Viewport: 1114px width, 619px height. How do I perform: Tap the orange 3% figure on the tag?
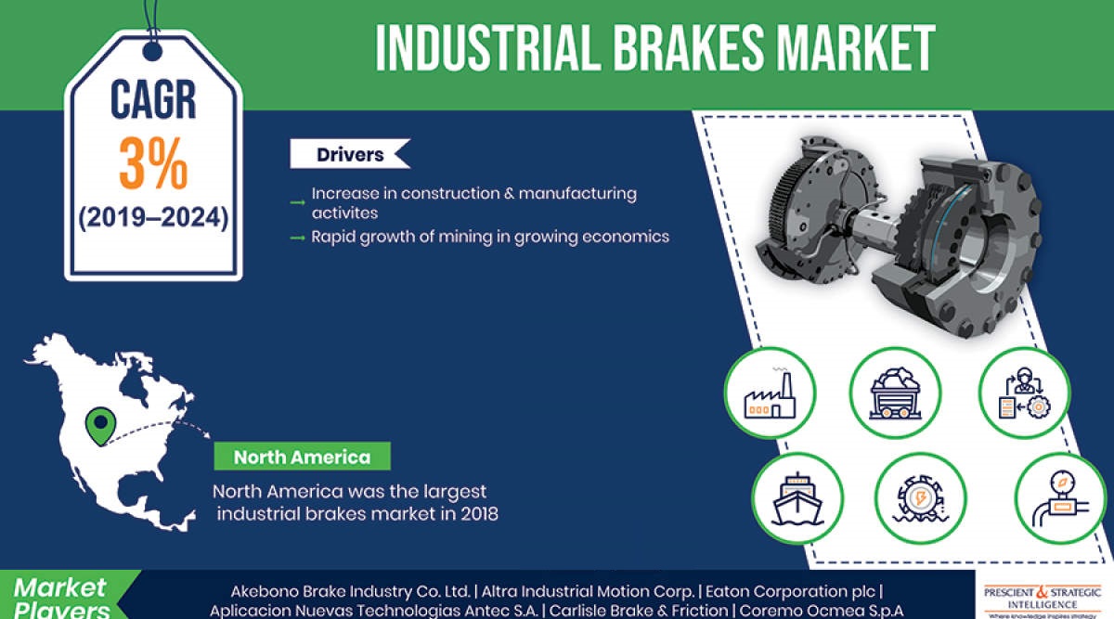(153, 164)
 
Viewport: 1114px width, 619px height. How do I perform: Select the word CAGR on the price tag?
(153, 99)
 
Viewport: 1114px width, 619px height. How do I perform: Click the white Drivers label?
(349, 154)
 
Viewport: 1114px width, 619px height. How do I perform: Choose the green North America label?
(302, 457)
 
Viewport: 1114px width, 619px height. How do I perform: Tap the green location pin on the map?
(97, 426)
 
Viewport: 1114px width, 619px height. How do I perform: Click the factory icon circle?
(770, 391)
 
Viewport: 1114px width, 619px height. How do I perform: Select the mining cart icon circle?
(895, 391)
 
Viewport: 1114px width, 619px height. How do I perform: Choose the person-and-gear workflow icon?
(1026, 391)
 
